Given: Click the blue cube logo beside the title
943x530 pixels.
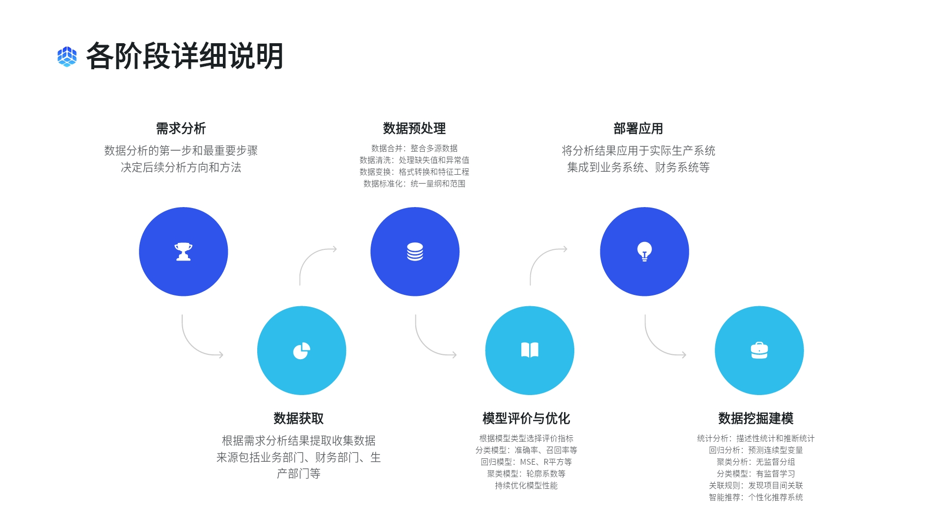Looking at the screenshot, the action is pyautogui.click(x=67, y=56).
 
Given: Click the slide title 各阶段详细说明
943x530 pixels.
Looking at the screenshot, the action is pyautogui.click(x=185, y=56).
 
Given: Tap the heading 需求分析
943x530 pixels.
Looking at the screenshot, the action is pyautogui.click(x=181, y=129).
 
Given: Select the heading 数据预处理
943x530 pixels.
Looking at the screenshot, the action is pyautogui.click(x=414, y=129).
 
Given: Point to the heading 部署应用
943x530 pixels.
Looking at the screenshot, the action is pyautogui.click(x=638, y=129).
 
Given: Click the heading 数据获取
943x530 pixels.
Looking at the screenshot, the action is pyautogui.click(x=298, y=419).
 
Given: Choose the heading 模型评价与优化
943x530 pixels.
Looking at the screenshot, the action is pyautogui.click(x=526, y=419).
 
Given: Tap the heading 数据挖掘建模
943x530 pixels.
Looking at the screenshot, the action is pyautogui.click(x=755, y=419).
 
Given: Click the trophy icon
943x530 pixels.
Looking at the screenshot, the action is pyautogui.click(x=184, y=252).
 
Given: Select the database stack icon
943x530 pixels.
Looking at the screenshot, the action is pyautogui.click(x=415, y=252).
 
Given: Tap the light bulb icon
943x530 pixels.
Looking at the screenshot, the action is pyautogui.click(x=645, y=252).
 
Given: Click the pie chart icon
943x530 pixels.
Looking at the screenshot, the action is pyautogui.click(x=301, y=351).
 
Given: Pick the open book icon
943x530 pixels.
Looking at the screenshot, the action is pyautogui.click(x=530, y=350).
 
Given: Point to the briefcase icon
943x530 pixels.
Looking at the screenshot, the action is pyautogui.click(x=759, y=350).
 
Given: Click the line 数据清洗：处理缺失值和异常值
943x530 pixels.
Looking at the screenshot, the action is pyautogui.click(x=414, y=160).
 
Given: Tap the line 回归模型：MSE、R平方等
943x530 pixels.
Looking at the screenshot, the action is pyautogui.click(x=526, y=462).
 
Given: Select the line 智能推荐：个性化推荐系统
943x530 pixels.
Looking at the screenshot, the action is pyautogui.click(x=755, y=497).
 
